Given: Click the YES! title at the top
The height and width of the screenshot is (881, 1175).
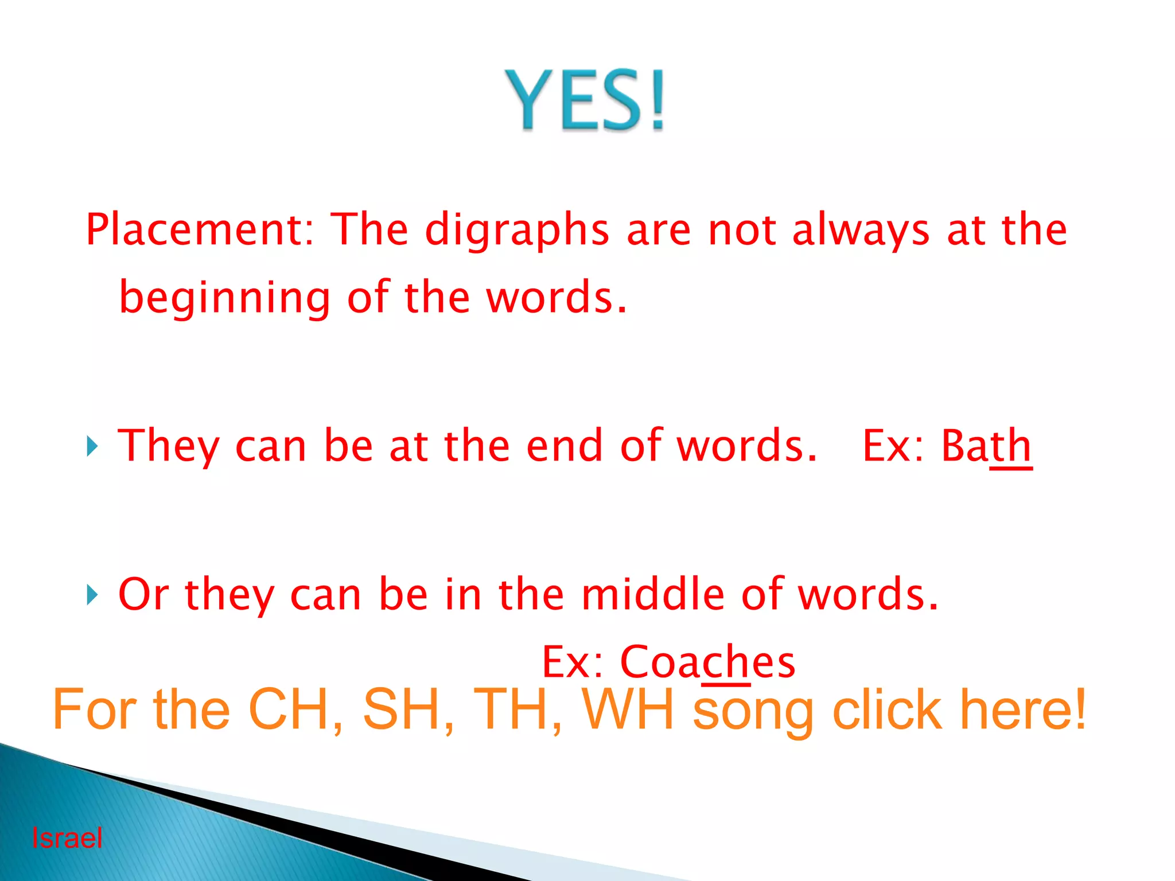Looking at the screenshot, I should (585, 100).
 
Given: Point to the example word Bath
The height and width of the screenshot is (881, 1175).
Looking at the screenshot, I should (986, 446).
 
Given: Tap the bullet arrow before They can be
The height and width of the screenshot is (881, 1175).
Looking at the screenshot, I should (92, 446).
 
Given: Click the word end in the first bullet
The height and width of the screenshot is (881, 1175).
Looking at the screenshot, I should (565, 446).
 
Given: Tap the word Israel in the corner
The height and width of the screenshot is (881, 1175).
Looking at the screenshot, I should (67, 838).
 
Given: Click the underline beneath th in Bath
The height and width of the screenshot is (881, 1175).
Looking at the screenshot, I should (1011, 469).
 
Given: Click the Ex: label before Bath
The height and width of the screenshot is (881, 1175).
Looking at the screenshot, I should (893, 446).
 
